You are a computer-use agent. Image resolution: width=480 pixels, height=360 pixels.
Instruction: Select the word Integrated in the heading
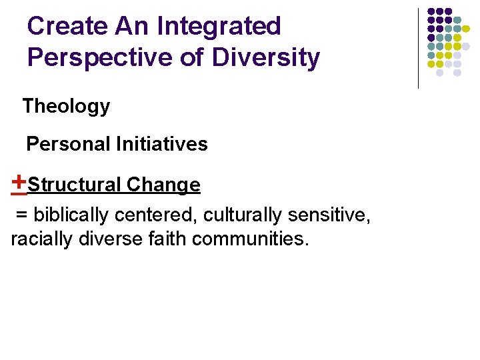(x=219, y=27)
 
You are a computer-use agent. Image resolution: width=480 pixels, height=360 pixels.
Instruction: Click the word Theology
(x=66, y=107)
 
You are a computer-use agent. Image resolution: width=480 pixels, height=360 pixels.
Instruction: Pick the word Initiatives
(x=162, y=144)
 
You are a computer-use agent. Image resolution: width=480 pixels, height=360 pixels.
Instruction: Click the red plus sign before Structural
(x=19, y=181)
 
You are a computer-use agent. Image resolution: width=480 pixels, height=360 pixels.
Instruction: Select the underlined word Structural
(x=75, y=185)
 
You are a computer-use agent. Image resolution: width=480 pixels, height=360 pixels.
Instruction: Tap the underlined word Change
(x=163, y=185)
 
